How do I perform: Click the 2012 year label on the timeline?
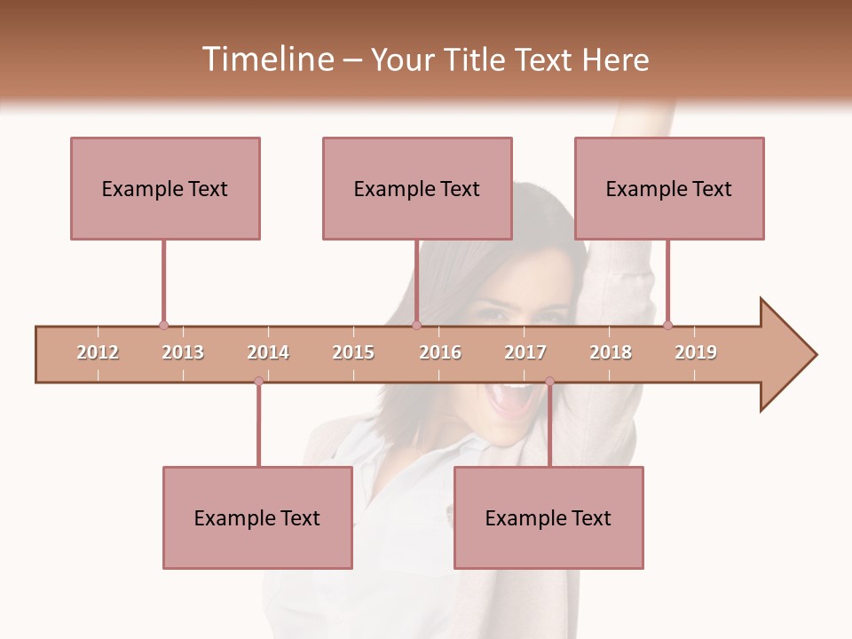[x=98, y=352]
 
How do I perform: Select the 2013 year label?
[x=183, y=352]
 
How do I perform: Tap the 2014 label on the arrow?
[x=268, y=352]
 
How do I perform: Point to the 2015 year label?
[x=353, y=352]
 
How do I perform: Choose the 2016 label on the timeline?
[x=440, y=352]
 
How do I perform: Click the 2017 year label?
[x=525, y=352]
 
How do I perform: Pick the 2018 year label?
[x=611, y=352]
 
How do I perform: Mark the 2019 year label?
[x=696, y=352]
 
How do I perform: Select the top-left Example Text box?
[x=165, y=188]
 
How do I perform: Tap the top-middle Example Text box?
[x=417, y=188]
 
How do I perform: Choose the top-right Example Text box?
[x=669, y=188]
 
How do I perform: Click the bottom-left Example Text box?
[x=257, y=518]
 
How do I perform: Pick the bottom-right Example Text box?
[x=548, y=518]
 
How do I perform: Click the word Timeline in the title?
[x=267, y=59]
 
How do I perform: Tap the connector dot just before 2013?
[x=163, y=326]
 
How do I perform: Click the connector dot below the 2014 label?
[x=258, y=382]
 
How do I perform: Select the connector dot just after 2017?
[x=549, y=382]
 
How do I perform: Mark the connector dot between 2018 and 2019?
[x=667, y=326]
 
